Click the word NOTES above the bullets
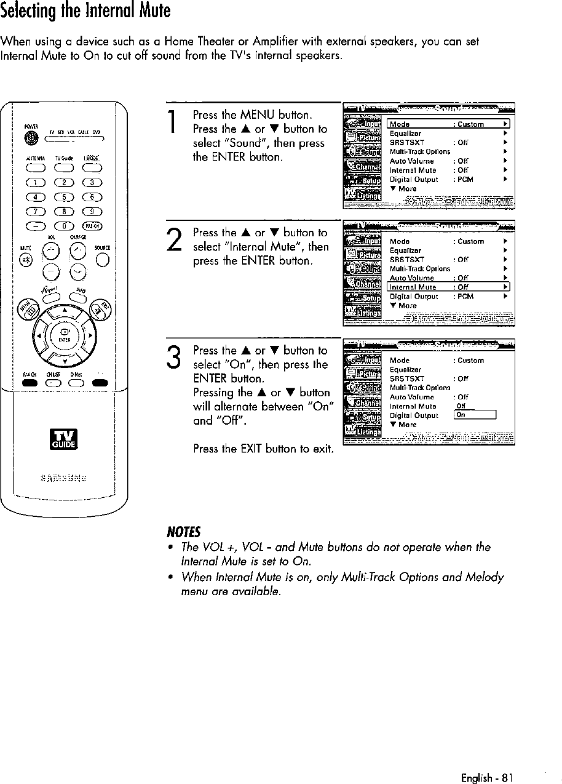[178, 531]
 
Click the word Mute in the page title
[151, 11]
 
